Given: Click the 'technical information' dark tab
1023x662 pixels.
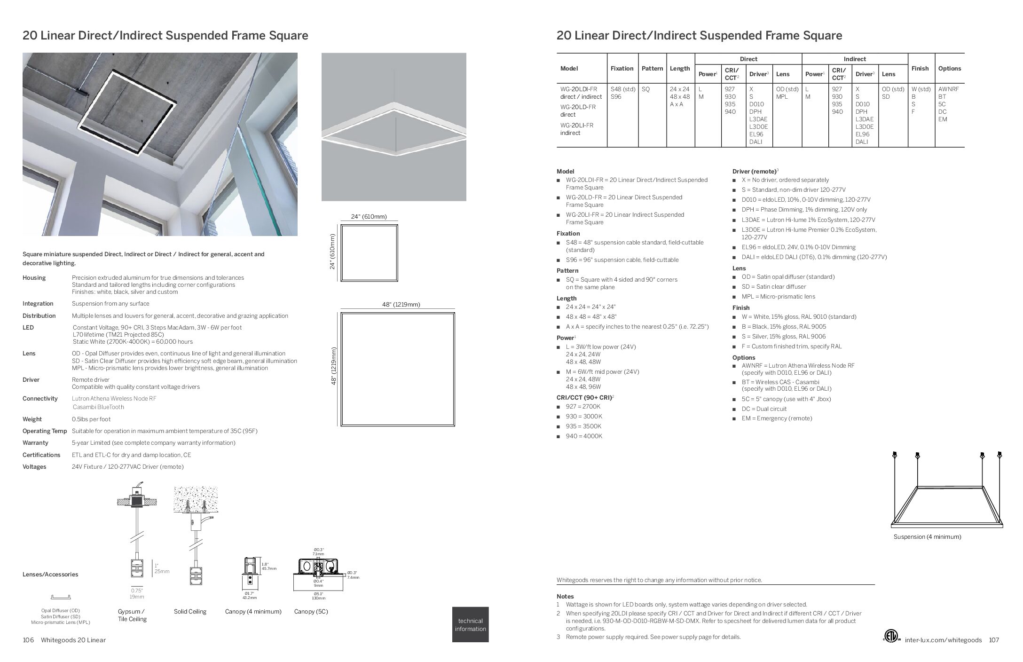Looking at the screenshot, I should click(470, 624).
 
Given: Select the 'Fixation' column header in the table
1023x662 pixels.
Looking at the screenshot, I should click(622, 69).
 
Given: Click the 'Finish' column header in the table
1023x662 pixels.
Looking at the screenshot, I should click(920, 69).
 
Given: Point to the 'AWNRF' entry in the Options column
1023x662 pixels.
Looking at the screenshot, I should click(949, 89).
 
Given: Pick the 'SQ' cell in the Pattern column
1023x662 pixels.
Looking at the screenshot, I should click(645, 89).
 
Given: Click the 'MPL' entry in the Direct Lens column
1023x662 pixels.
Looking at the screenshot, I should click(782, 96).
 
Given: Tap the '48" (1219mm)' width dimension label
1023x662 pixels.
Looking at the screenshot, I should click(401, 305).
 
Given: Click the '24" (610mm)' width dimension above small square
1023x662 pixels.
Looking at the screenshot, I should click(369, 217).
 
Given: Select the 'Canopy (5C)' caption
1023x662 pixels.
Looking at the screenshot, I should click(311, 612).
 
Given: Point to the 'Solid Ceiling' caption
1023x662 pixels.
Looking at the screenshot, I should click(190, 612).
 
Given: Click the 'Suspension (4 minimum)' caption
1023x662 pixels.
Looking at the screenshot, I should click(927, 536).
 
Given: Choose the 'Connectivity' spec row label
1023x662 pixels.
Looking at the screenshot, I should click(40, 399).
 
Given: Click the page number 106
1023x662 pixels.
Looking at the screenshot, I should click(28, 640).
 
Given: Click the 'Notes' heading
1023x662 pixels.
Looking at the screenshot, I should click(565, 597).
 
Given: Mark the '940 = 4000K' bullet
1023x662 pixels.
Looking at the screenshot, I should click(583, 436).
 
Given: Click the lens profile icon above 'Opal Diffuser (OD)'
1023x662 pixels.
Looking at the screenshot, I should click(61, 598).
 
